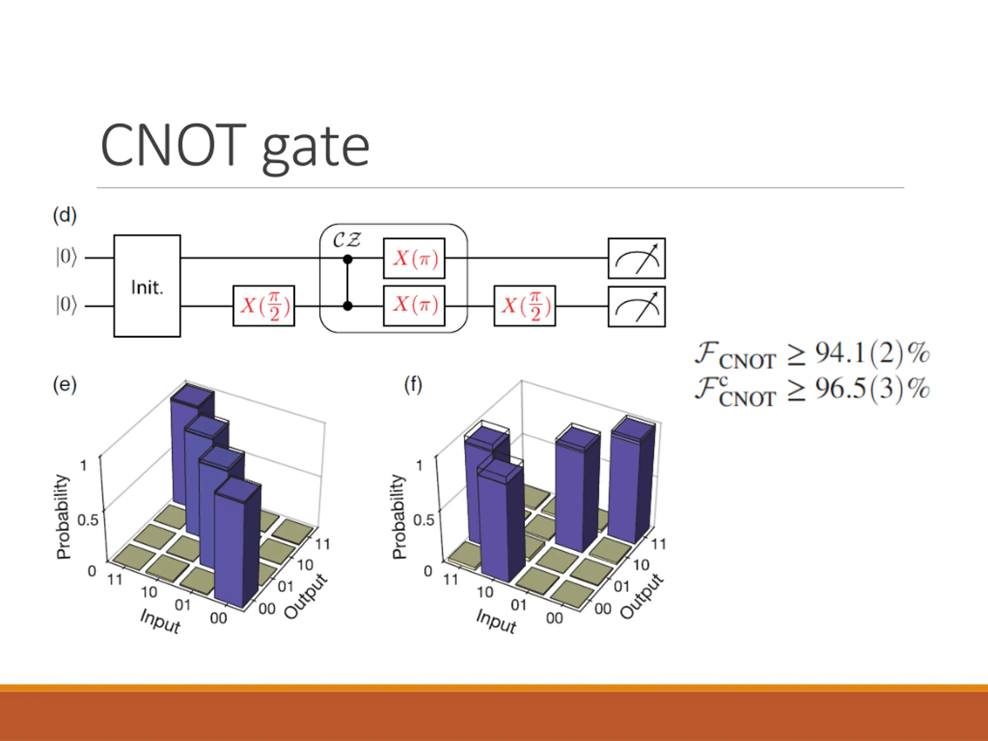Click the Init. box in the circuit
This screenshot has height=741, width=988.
(x=147, y=286)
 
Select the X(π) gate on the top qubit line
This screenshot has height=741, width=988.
(x=414, y=258)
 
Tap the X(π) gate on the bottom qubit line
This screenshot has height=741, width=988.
(x=414, y=306)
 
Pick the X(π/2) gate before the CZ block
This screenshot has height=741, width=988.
(x=264, y=306)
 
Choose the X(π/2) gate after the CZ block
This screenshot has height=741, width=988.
(x=524, y=306)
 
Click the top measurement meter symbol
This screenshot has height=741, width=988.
(x=636, y=259)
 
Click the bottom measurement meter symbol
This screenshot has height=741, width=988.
(x=636, y=306)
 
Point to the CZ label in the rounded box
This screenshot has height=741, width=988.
(x=347, y=240)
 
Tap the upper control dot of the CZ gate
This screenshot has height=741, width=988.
(x=347, y=259)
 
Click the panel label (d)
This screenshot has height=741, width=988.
(x=65, y=215)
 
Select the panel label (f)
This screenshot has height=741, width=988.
(x=413, y=384)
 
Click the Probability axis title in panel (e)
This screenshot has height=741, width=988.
(x=63, y=517)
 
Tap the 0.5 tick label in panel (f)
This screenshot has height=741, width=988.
(x=423, y=519)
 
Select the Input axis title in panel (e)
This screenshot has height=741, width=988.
(x=160, y=621)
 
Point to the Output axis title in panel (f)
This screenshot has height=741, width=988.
(x=642, y=596)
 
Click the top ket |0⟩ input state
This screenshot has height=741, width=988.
(x=66, y=257)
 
